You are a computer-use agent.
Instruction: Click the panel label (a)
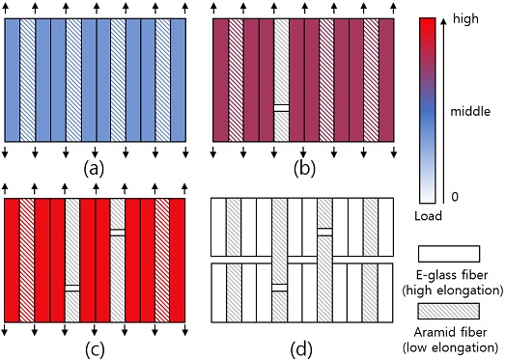point(94,168)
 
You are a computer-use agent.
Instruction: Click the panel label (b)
point(304,168)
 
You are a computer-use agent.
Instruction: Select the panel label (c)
point(94,349)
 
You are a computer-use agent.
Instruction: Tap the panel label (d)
point(301,349)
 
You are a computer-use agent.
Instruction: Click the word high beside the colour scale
point(465,19)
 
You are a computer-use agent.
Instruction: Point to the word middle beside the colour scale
point(470,111)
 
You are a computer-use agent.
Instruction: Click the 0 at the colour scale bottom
point(455,197)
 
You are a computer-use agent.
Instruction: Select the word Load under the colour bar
point(428,216)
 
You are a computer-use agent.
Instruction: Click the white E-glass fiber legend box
point(449,254)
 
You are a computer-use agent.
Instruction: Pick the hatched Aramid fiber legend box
point(449,311)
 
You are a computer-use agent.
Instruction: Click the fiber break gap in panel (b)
point(282,108)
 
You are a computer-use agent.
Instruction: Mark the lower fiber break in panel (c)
point(72,288)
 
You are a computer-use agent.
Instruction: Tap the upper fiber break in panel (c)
point(118,233)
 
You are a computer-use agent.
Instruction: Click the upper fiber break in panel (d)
point(324,232)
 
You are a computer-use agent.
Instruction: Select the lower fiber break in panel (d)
point(279,288)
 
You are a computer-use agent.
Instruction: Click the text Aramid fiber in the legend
point(451,332)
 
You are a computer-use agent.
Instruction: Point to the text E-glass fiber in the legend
point(452,275)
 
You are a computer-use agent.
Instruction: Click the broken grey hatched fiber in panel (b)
point(282,80)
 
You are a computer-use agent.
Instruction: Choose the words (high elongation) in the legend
point(453,291)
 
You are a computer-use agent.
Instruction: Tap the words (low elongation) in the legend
point(451,347)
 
